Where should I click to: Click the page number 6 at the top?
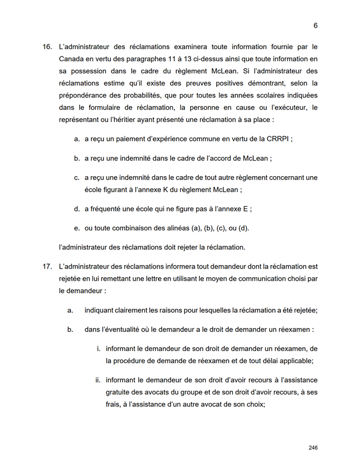click(x=316, y=25)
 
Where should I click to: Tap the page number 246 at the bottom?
click(x=313, y=448)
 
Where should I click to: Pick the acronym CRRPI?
click(x=280, y=139)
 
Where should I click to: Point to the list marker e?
click(x=76, y=228)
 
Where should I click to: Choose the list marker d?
click(x=76, y=209)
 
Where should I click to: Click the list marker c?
click(x=76, y=177)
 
